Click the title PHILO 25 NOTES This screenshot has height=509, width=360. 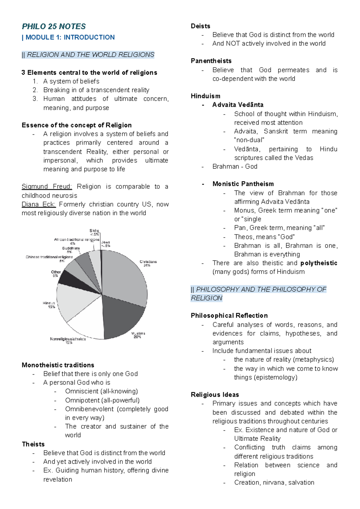pos(54,26)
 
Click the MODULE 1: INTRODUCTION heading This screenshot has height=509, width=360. pos(70,37)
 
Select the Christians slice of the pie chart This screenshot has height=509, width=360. pos(126,276)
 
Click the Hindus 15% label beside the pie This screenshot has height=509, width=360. pos(49,305)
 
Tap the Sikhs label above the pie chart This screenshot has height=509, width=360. pos(94,231)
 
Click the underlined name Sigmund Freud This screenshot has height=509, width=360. pos(46,187)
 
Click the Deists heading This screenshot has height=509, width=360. pos(200,26)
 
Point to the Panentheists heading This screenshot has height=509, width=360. pos(211,61)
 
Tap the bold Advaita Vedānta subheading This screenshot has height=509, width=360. pos(238,105)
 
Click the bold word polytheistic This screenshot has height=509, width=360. pos(319,263)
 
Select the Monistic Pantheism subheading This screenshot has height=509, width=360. pos(243,184)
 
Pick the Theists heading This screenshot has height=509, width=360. pos(33,444)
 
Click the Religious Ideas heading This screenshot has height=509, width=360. pos(215,395)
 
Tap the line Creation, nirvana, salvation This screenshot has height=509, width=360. pos(274,483)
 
